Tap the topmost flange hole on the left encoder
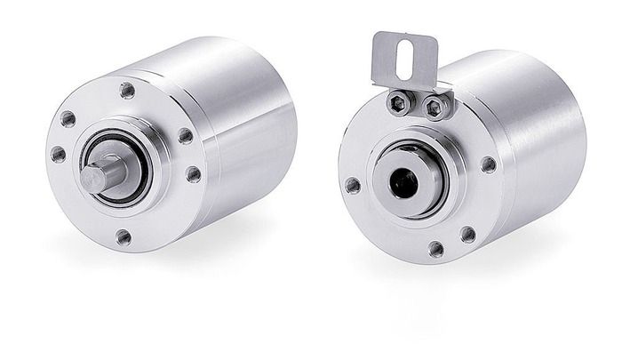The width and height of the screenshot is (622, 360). point(128,90)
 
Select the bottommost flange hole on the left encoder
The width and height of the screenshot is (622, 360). point(124,236)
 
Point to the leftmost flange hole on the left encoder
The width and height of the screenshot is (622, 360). point(59,154)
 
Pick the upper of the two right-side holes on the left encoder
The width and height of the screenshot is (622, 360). point(185,136)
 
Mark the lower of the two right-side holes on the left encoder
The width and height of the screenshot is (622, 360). point(193,174)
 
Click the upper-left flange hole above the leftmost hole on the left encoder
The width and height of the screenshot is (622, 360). point(68,118)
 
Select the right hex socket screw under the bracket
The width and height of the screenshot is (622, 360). point(435,108)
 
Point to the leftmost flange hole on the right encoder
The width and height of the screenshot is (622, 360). point(353,185)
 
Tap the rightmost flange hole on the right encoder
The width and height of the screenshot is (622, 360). point(488,164)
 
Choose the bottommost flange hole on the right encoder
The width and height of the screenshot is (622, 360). point(435,248)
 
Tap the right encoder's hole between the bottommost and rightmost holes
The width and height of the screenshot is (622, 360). point(467,234)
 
